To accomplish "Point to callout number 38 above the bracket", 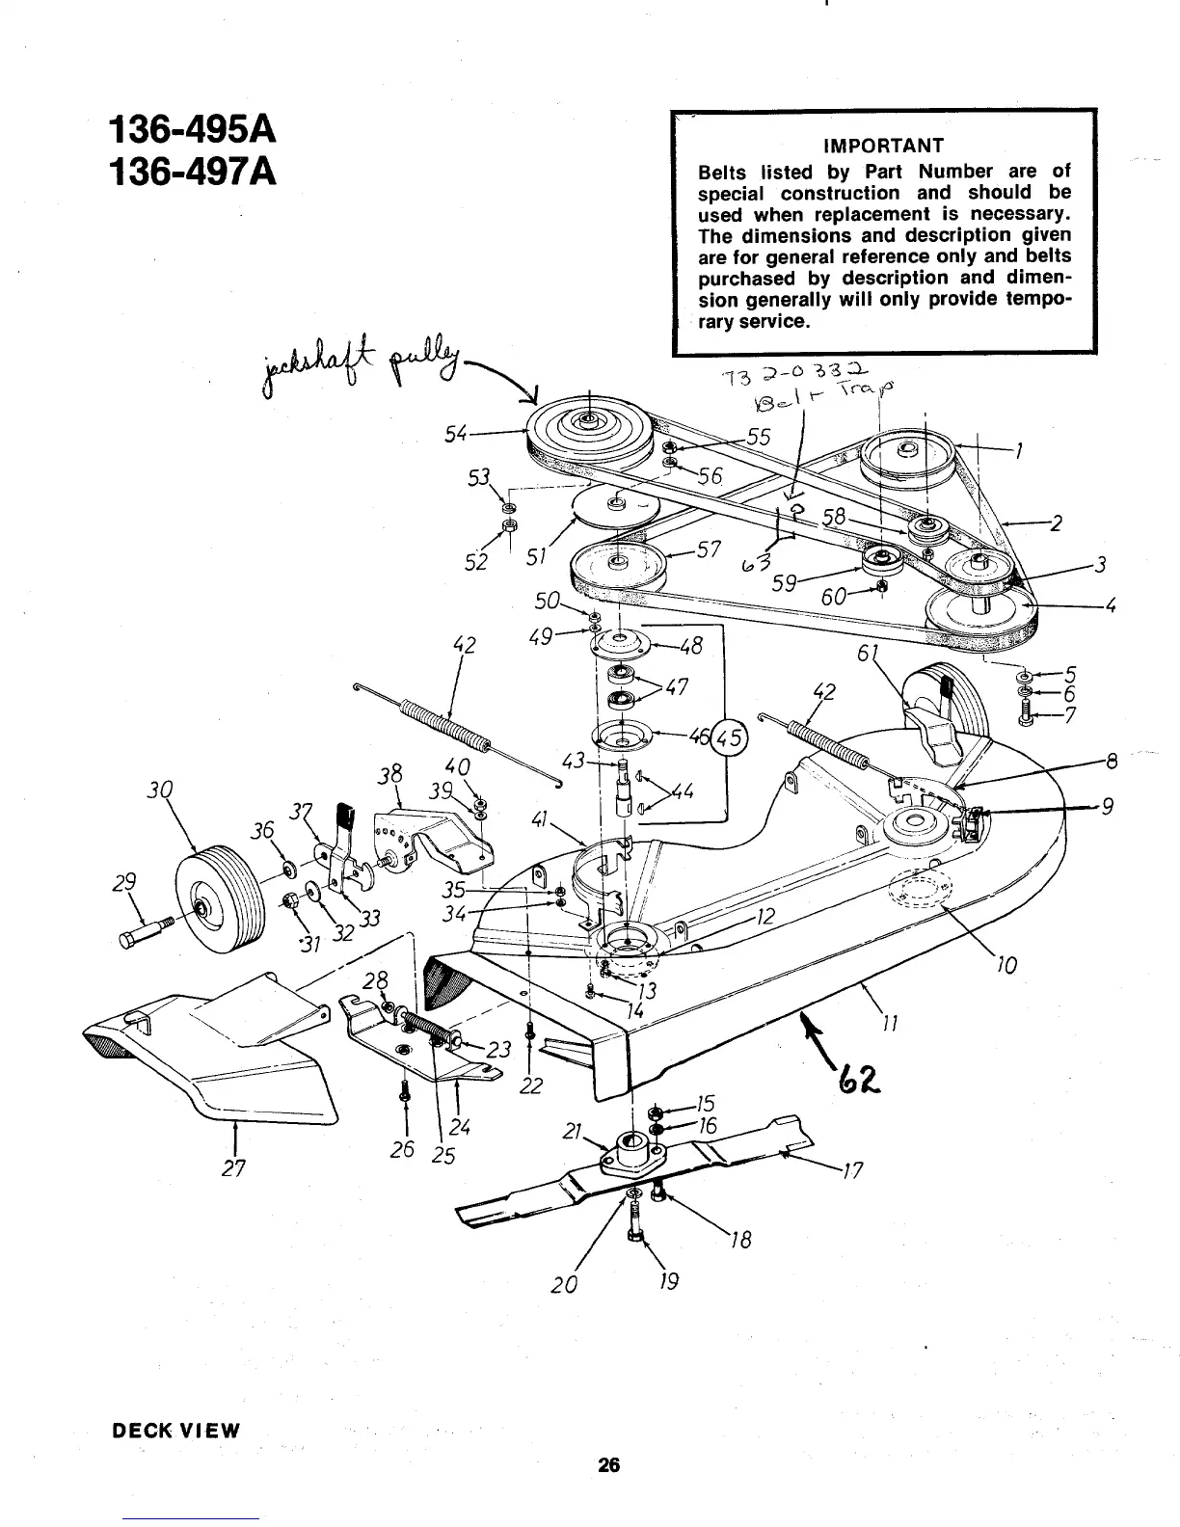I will (x=389, y=774).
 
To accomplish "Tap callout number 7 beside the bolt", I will (x=1069, y=714).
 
